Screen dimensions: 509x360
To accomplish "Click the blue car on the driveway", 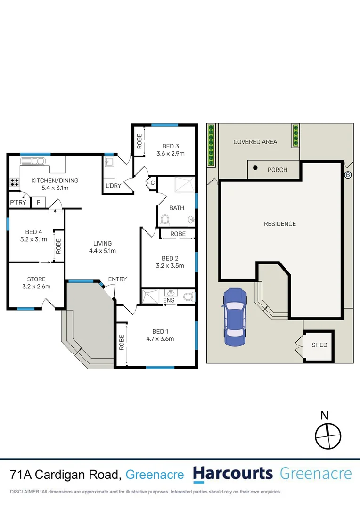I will point(235,317).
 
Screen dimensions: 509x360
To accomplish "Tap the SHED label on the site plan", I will point(319,345).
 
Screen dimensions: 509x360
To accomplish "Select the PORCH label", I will point(277,170).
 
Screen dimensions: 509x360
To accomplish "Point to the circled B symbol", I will point(348,175).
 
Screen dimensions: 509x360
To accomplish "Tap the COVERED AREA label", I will point(255,142).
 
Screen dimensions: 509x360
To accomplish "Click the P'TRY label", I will point(17,203).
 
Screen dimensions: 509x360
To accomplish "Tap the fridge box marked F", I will point(38,203).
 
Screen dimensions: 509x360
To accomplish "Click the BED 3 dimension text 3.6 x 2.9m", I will point(170,153).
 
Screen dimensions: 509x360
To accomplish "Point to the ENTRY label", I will point(117,279).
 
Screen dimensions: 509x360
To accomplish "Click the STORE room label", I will point(36,279).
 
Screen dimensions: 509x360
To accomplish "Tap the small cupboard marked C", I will point(152,183).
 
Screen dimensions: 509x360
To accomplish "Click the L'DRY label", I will point(113,186).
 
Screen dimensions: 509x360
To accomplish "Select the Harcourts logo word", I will point(233,474).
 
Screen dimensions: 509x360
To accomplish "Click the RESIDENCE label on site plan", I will point(279,224).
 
